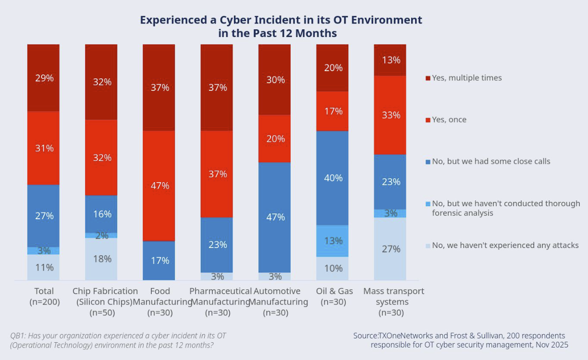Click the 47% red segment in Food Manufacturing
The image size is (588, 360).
pyautogui.click(x=159, y=186)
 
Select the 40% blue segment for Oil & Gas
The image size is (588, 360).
pyautogui.click(x=332, y=178)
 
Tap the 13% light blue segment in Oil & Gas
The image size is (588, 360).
pyautogui.click(x=332, y=240)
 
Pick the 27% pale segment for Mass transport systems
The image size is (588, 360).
pyautogui.click(x=390, y=248)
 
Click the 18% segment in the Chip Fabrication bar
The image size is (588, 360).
pyautogui.click(x=101, y=259)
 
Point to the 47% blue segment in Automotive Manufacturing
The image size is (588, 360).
pyautogui.click(x=274, y=217)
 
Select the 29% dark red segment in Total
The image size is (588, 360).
pyautogui.click(x=43, y=78)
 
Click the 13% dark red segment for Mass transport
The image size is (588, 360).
pyautogui.click(x=390, y=60)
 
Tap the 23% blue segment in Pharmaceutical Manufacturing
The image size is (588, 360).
pyautogui.click(x=217, y=245)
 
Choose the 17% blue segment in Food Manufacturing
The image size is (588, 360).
pyautogui.click(x=159, y=261)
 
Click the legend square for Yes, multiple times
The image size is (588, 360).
pyautogui.click(x=428, y=78)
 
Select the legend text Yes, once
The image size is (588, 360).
pyautogui.click(x=449, y=120)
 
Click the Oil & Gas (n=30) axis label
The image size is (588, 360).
pyautogui.click(x=332, y=297)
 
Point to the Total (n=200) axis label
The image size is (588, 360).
pyautogui.click(x=44, y=297)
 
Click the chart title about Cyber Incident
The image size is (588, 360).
pyautogui.click(x=281, y=26)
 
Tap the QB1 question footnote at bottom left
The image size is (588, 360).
pyautogui.click(x=118, y=340)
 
